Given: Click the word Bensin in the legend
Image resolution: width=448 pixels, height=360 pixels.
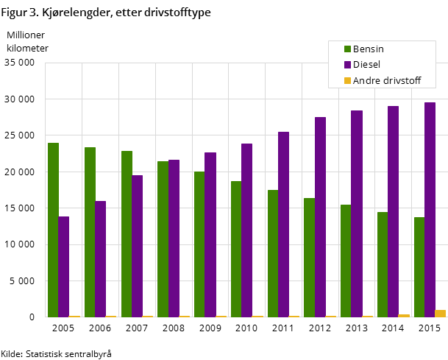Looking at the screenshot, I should pos(368,49).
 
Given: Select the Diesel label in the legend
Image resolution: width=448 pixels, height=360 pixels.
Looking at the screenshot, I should pos(366,65).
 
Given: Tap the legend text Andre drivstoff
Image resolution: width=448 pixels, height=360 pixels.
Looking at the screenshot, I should pos(386,80).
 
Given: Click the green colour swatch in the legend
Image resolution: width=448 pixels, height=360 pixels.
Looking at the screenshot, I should pos(347,49).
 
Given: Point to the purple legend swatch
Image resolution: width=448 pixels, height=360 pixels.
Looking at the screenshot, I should pos(347,65).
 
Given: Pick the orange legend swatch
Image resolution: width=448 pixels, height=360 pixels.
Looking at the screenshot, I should pos(347,80).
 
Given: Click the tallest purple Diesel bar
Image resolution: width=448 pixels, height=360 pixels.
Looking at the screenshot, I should pos(430,210).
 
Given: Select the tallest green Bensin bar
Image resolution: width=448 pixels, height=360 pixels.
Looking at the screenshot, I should pos(53,230).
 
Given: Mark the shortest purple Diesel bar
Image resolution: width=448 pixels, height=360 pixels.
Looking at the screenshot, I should pos(64,267).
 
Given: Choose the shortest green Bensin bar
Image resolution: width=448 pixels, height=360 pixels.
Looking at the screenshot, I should pos(419,267).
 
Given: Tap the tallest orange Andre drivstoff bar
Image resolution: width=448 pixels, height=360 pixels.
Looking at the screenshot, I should pos(440,314).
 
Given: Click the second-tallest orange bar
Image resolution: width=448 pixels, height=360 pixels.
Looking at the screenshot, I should pos(404,316).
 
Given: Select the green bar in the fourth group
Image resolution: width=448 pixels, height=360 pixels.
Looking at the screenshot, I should pos(163,239).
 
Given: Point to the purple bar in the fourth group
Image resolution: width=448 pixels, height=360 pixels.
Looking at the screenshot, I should pos(174,239).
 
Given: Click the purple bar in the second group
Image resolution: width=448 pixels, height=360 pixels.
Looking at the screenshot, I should pos(101,259).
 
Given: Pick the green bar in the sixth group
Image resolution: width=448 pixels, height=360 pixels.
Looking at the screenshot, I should pos(236,249).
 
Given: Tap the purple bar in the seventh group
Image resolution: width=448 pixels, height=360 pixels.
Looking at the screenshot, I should pos(283,225).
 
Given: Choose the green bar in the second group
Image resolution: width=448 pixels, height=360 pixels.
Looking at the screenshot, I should pos(90,232).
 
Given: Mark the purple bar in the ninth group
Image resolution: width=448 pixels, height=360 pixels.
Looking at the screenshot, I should pos(357,213).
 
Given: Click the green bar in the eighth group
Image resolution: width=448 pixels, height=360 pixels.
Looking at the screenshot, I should pos(309,258).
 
